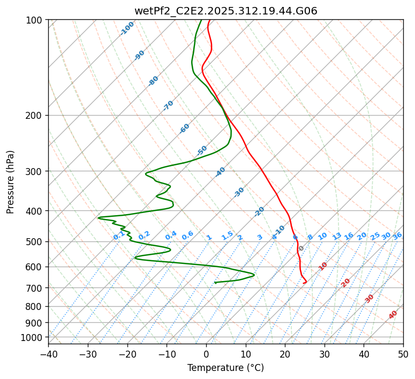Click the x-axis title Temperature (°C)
coord(225,368)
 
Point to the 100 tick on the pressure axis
coord(35,20)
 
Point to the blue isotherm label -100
coord(127,28)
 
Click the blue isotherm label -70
coord(168,105)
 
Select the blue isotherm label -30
coord(239,192)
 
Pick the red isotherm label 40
coord(393,315)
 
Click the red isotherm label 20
coord(346,283)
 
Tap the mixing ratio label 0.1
coord(119,236)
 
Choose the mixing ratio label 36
coord(397,236)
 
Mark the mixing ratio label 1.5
coord(227,236)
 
